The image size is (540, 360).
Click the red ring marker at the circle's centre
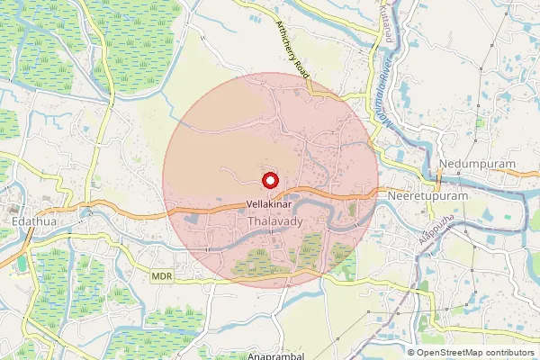(270, 180)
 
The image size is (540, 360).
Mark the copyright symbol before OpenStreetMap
(411, 353)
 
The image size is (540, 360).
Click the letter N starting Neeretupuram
(390, 194)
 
